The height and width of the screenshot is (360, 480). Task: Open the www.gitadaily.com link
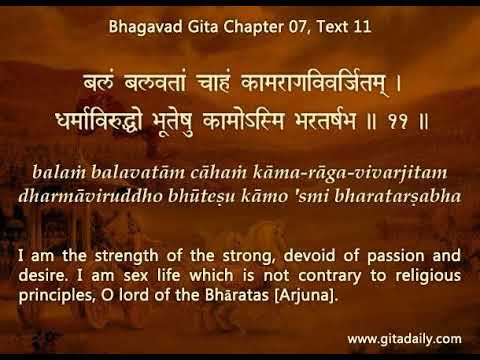tap(404, 339)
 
